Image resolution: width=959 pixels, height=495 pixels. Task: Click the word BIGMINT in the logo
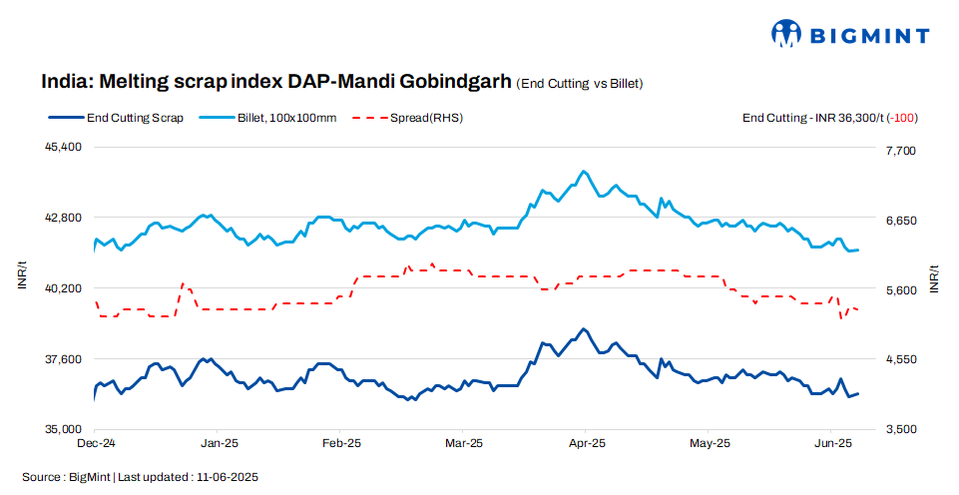[869, 35]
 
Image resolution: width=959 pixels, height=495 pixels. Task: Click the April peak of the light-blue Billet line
[584, 171]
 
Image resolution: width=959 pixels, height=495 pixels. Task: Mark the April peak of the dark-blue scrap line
[584, 328]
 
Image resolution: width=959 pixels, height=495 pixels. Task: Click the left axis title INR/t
[23, 274]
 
